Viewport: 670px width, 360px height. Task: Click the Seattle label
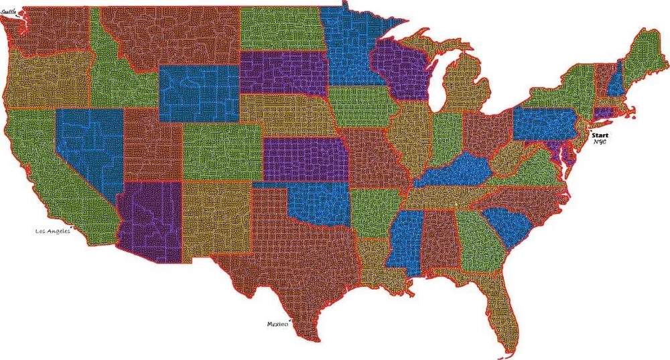pos(11,11)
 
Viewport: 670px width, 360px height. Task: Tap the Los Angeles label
pos(52,231)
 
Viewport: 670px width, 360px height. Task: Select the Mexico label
pos(277,324)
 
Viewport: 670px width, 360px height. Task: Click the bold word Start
pos(600,135)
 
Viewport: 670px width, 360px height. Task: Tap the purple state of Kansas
pos(305,160)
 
